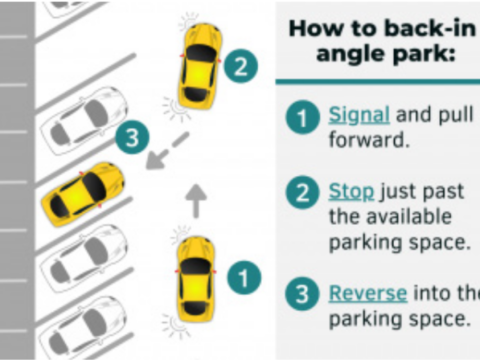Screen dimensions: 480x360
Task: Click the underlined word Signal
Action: click(359, 116)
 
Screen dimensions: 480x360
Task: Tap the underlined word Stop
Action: click(351, 192)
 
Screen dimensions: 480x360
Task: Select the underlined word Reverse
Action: click(368, 293)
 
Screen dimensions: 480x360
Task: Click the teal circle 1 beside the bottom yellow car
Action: click(244, 278)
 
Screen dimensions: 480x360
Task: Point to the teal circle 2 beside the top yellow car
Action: click(240, 66)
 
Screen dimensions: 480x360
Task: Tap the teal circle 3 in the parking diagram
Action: click(132, 138)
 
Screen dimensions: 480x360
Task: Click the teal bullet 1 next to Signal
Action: click(302, 118)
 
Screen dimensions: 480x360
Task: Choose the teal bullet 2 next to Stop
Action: click(302, 193)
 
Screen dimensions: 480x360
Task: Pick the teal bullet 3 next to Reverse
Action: click(302, 294)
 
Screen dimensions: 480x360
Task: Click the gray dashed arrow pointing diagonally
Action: click(168, 151)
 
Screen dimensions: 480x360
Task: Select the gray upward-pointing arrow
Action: click(196, 201)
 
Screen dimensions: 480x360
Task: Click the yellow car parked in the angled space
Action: click(83, 193)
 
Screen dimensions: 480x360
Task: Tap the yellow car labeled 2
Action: click(200, 66)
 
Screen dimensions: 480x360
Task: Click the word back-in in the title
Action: click(430, 29)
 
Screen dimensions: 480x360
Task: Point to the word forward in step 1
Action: click(369, 140)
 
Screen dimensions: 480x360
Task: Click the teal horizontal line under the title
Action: click(378, 81)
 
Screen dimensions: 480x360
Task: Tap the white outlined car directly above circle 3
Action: click(83, 120)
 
